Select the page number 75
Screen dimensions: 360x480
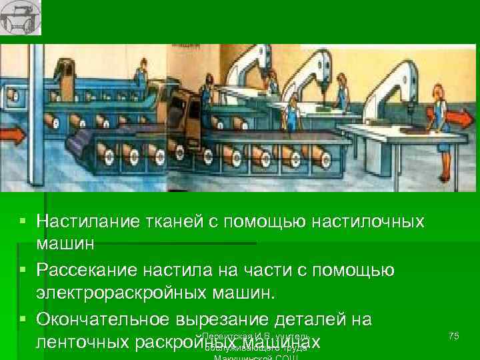point(454,336)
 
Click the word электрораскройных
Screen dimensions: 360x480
point(119,294)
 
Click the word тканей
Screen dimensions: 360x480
point(166,220)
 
